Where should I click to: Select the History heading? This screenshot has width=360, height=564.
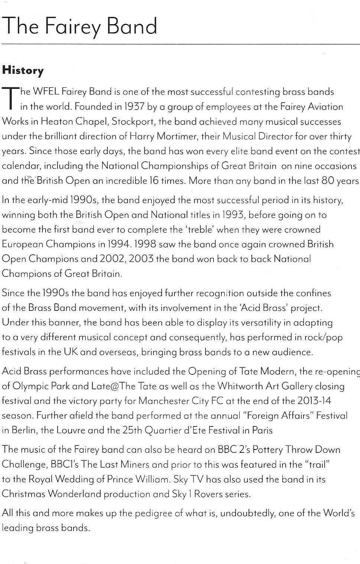point(23,70)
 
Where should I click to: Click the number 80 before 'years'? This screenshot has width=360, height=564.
point(328,181)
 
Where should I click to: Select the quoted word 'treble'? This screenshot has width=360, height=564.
point(200,229)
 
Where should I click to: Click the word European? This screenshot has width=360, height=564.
point(22,244)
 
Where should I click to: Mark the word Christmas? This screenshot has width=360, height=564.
point(23,494)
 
